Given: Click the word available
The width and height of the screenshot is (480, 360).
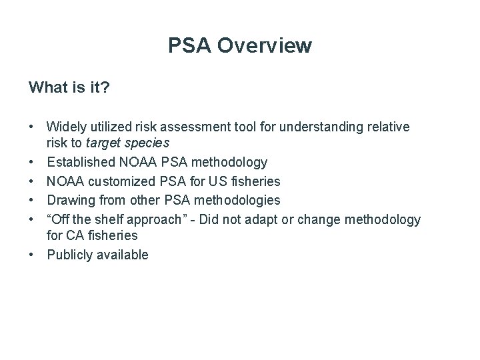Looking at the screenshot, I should [125, 255].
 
